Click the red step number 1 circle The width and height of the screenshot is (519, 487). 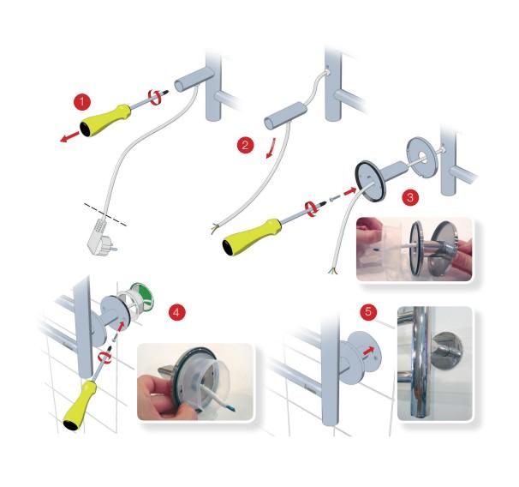[82, 102]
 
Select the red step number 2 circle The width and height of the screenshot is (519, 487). [245, 145]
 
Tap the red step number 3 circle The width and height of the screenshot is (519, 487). [410, 197]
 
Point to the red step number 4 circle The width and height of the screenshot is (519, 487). [176, 312]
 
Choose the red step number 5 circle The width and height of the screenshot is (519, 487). [369, 311]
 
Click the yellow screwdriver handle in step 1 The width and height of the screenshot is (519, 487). [104, 120]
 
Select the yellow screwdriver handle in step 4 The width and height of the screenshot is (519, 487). [81, 406]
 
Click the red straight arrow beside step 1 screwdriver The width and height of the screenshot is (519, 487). [70, 137]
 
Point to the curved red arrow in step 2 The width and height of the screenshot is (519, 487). [271, 148]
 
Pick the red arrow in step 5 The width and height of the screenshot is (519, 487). [369, 351]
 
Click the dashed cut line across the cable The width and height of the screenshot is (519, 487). [105, 214]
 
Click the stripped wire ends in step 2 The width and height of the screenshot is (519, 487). [214, 228]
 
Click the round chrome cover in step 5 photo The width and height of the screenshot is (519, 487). [448, 351]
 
